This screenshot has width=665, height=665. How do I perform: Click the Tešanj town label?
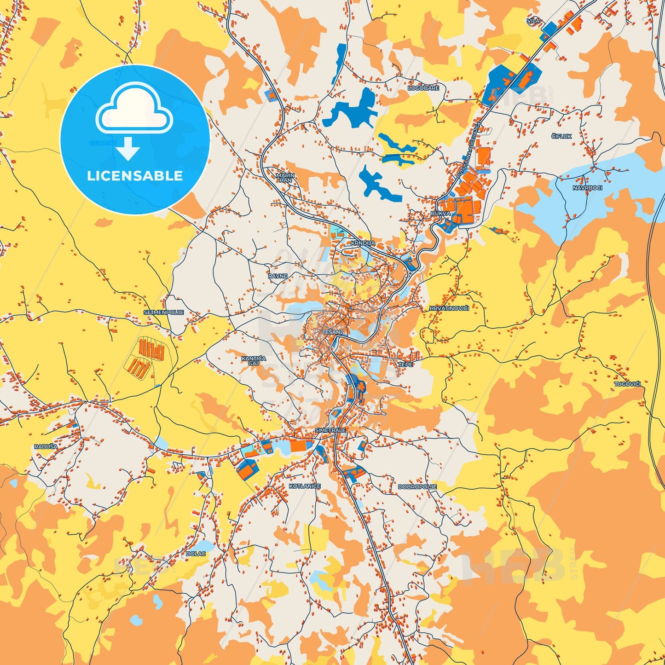click(x=332, y=332)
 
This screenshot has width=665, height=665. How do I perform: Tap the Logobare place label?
click(x=423, y=88)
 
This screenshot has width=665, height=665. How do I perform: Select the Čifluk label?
click(x=561, y=136)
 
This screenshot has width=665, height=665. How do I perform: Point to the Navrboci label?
click(x=587, y=188)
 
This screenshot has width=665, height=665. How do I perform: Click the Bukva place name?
click(x=440, y=214)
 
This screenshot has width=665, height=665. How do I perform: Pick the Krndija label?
click(x=363, y=243)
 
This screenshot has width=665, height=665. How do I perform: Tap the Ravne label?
click(x=278, y=276)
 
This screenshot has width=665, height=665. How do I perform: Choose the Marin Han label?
click(x=285, y=178)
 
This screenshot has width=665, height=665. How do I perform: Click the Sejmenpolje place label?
click(x=164, y=312)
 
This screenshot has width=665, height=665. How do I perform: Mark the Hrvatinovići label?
click(x=449, y=308)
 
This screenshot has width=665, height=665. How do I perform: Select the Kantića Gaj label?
click(x=254, y=360)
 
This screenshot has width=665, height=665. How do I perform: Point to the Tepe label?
click(x=405, y=364)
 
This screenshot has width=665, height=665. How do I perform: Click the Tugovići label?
click(x=627, y=383)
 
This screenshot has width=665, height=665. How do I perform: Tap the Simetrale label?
click(x=330, y=430)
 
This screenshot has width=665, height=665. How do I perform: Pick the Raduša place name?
click(x=46, y=446)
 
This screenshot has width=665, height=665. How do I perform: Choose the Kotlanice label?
click(x=305, y=486)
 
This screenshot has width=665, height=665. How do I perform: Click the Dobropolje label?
click(x=417, y=486)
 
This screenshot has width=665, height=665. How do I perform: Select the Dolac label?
click(x=196, y=554)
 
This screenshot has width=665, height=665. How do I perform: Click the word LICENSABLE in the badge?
click(x=135, y=176)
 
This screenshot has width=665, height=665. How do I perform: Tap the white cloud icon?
click(x=134, y=110)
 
